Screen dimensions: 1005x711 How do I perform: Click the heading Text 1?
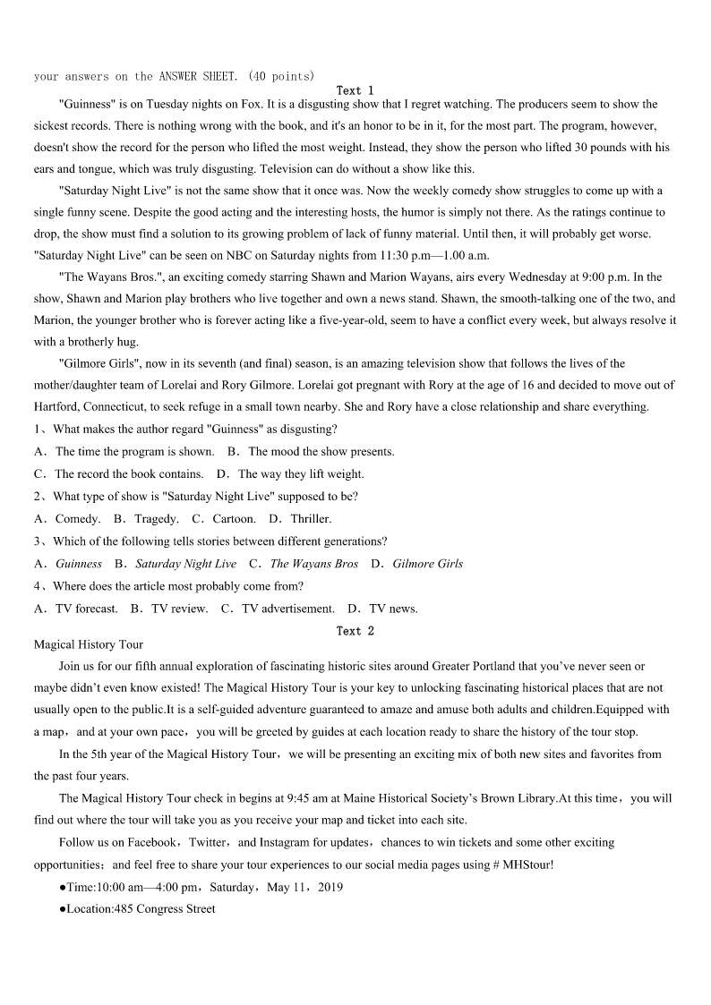coord(355,90)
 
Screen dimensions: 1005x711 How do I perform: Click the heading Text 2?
coord(355,631)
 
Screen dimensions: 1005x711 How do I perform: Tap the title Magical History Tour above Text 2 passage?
coord(88,644)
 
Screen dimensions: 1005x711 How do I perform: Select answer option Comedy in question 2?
coord(77,518)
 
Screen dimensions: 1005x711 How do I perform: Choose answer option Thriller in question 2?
coord(310,518)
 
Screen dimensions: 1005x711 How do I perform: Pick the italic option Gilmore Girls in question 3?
coord(427,564)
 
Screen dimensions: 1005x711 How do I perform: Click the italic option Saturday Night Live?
coord(185,564)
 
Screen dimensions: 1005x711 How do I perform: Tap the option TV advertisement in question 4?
coord(287,609)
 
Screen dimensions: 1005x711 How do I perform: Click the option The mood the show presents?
coord(321,452)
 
